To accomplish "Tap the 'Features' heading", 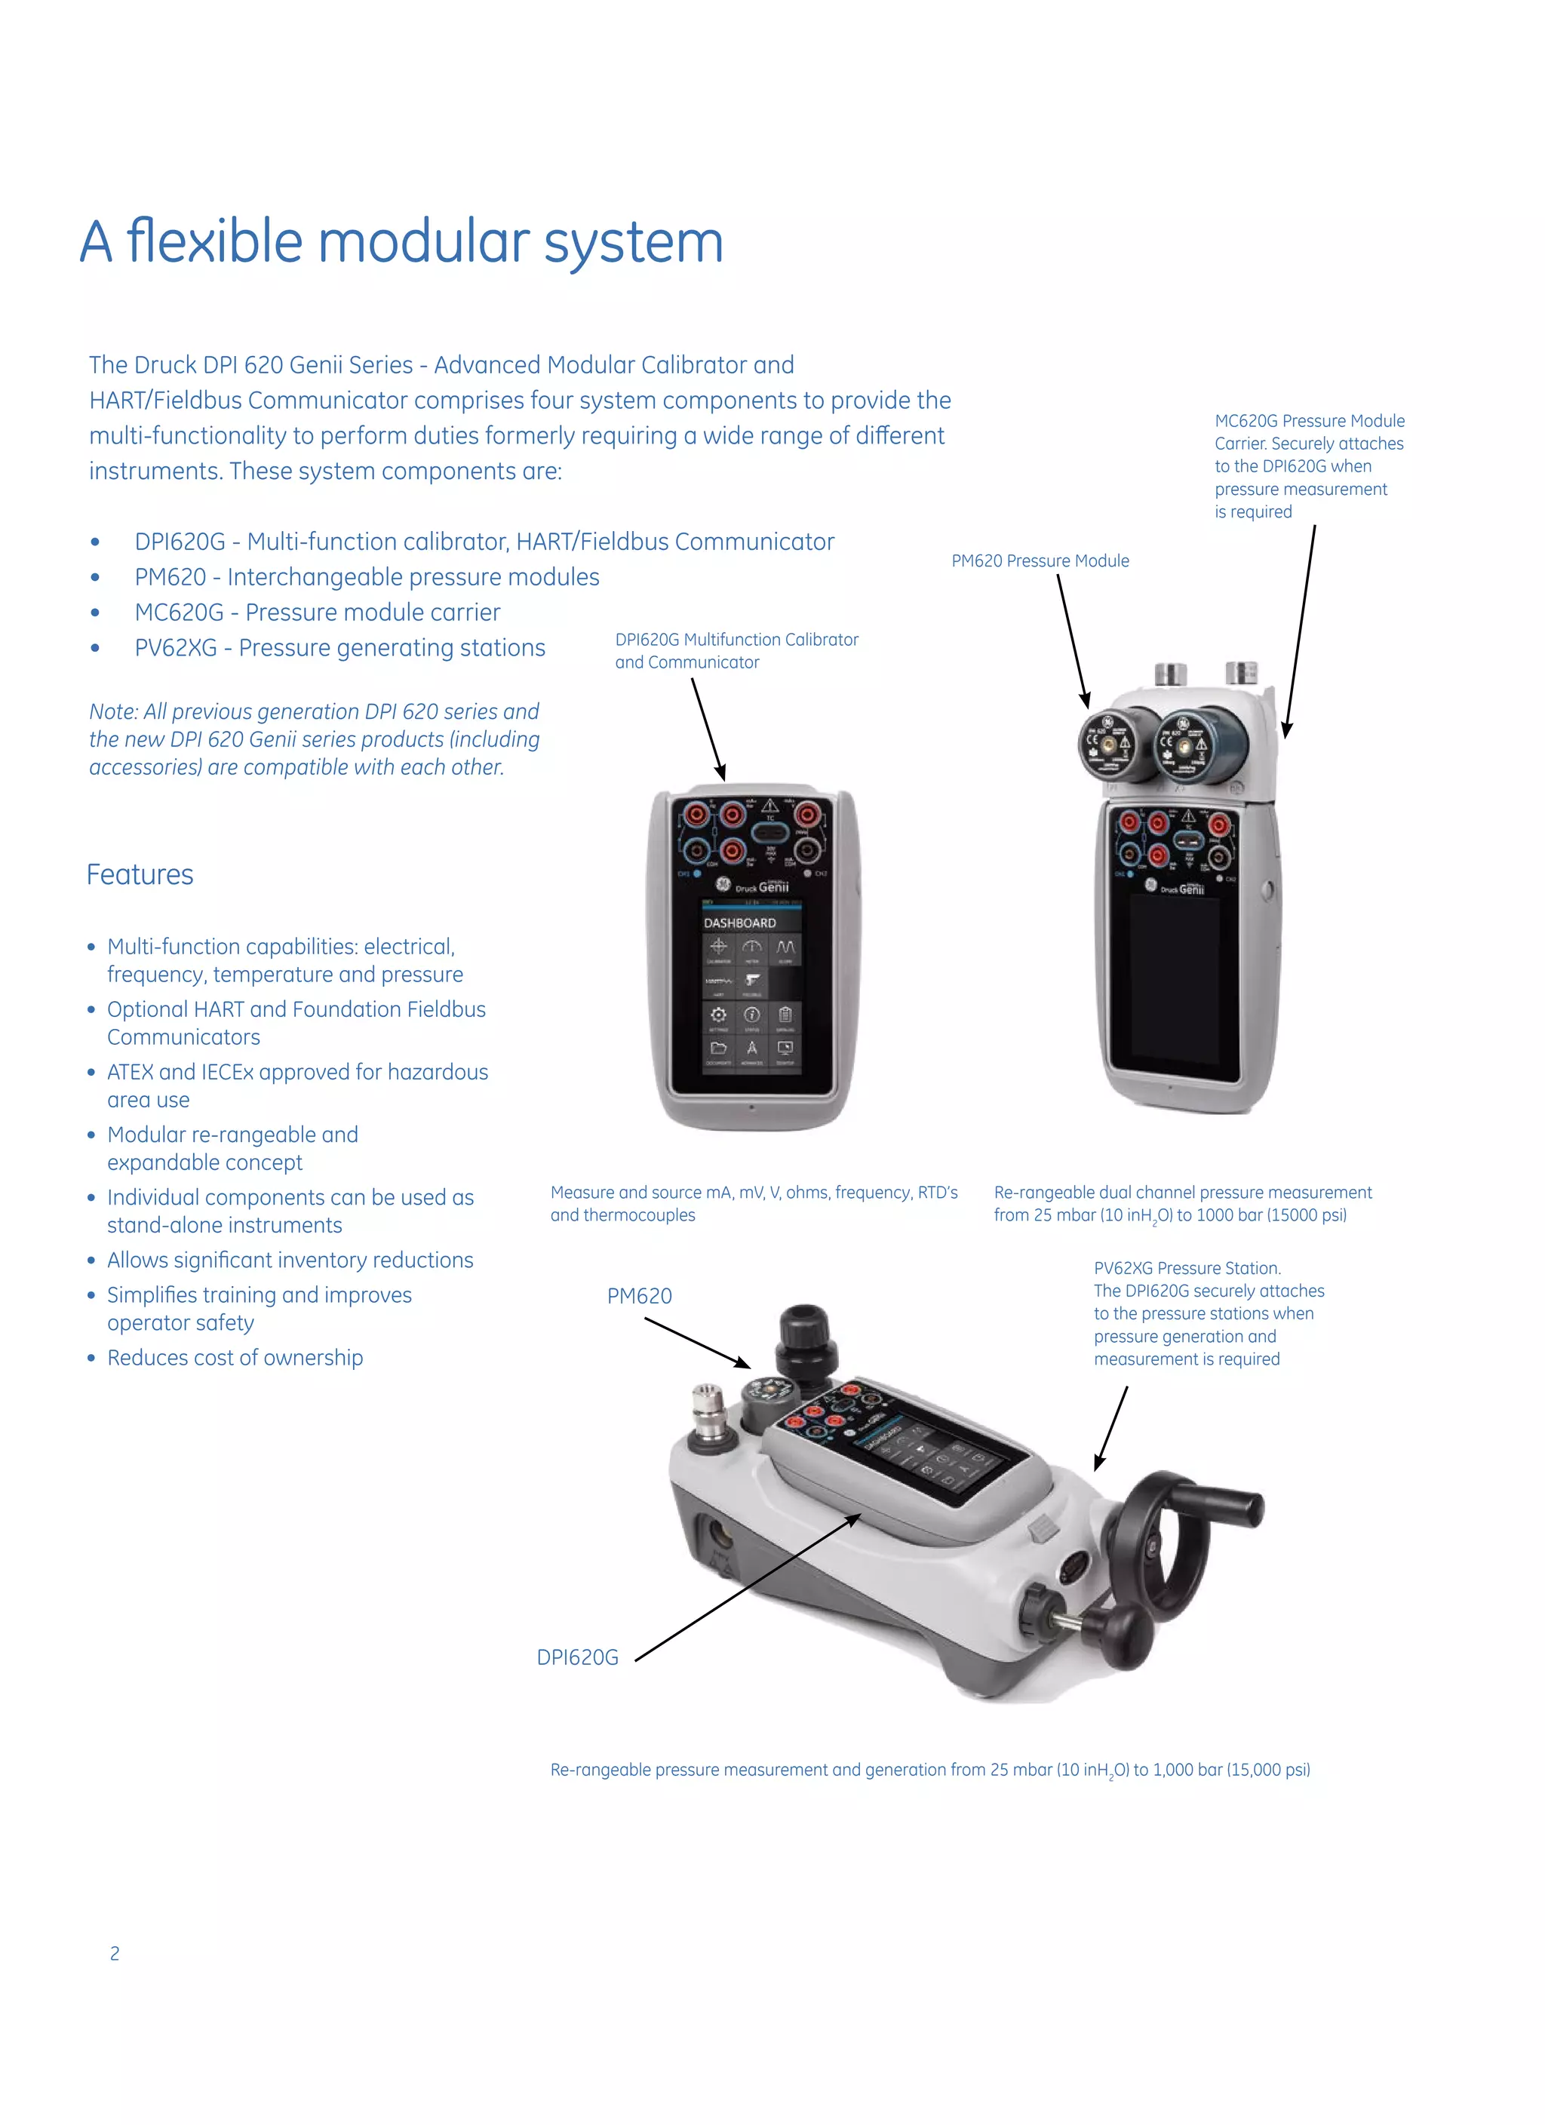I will (x=140, y=874).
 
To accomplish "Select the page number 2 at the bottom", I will (x=115, y=1954).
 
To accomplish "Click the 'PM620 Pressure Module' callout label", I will (x=1040, y=561).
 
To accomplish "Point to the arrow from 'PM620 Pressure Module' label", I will (x=1074, y=641).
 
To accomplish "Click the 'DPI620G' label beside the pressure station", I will (x=577, y=1657).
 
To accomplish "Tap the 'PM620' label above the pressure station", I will (x=639, y=1296).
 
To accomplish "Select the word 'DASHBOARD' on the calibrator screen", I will (x=739, y=923).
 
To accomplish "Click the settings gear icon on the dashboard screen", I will (x=719, y=1015).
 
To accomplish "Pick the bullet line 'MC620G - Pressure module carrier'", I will (x=317, y=613).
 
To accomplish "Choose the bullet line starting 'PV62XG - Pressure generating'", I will (x=339, y=649).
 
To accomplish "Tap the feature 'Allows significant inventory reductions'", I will (x=290, y=1261).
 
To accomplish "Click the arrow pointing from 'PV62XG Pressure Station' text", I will (x=1112, y=1428).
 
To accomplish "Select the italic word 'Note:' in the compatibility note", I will (x=113, y=712).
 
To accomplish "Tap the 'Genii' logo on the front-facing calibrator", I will (x=773, y=886).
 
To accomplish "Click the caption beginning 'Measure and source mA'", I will (x=754, y=1203).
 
